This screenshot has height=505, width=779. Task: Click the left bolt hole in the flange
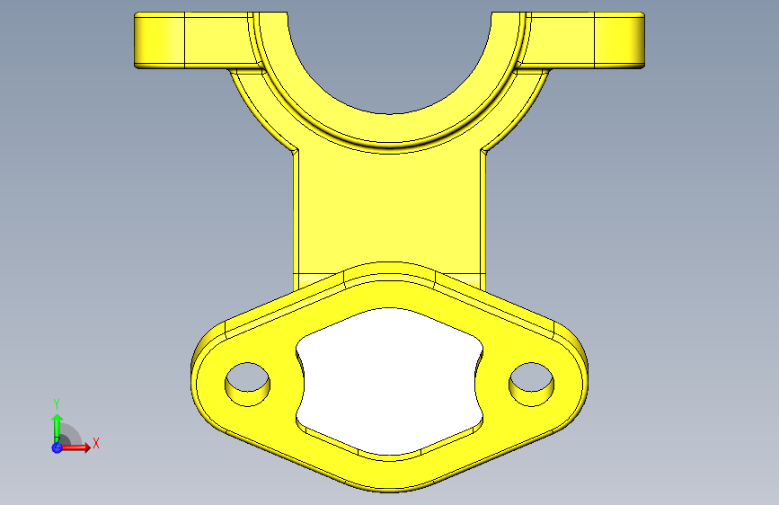[247, 385]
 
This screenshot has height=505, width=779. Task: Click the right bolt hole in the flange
[532, 385]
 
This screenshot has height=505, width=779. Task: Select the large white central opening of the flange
[390, 381]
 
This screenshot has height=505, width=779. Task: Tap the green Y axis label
[57, 404]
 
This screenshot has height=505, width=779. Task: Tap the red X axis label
[96, 443]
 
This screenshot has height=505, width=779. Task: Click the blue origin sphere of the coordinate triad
[58, 447]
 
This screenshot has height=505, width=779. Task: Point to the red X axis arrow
[75, 447]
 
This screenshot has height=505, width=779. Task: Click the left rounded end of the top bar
[138, 40]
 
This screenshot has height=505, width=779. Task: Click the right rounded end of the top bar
[641, 40]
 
